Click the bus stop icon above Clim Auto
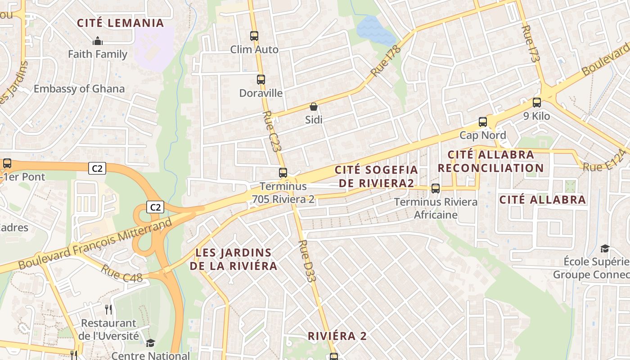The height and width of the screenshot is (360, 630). pyautogui.click(x=254, y=36)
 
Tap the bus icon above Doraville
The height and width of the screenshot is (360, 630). pyautogui.click(x=261, y=80)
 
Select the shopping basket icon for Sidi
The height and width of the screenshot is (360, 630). pyautogui.click(x=314, y=107)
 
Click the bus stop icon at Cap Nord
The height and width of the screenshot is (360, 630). pyautogui.click(x=483, y=121)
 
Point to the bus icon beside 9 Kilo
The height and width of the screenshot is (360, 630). pyautogui.click(x=537, y=103)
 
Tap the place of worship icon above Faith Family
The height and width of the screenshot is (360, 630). pyautogui.click(x=98, y=41)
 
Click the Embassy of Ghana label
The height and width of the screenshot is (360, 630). pyautogui.click(x=79, y=89)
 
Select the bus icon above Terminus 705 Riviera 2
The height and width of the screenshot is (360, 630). pyautogui.click(x=283, y=173)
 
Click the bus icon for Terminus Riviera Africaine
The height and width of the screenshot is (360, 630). pyautogui.click(x=436, y=189)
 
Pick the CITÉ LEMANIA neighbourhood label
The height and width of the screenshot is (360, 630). pyautogui.click(x=120, y=23)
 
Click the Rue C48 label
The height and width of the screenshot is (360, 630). pyautogui.click(x=122, y=273)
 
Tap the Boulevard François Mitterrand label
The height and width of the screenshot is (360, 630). pyautogui.click(x=95, y=244)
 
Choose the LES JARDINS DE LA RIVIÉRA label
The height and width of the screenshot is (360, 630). pyautogui.click(x=233, y=259)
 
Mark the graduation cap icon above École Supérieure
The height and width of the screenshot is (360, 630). pyautogui.click(x=605, y=248)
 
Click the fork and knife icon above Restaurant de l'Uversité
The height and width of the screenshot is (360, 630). pyautogui.click(x=108, y=310)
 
